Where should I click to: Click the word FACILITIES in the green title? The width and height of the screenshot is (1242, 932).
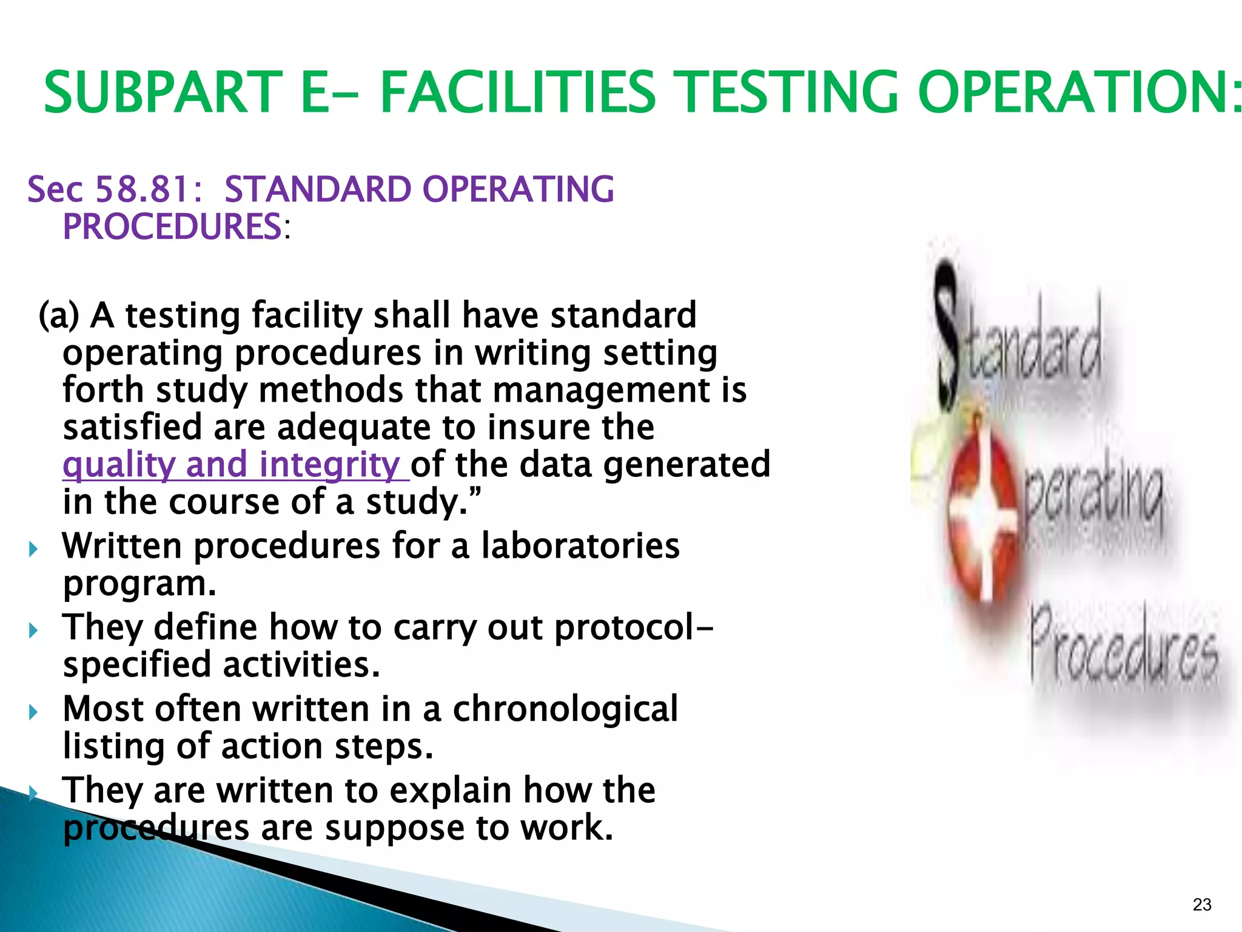517,92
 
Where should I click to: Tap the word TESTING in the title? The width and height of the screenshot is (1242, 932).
787,92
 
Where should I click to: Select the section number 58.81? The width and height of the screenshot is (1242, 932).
143,189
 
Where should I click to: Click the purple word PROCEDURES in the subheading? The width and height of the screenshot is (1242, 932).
172,227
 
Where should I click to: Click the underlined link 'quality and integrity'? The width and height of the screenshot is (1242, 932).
236,465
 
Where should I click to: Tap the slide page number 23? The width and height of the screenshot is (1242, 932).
1201,905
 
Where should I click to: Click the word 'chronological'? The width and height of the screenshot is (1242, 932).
565,709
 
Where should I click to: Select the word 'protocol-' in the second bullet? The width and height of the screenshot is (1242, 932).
634,627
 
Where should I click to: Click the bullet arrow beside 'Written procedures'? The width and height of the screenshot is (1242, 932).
34,549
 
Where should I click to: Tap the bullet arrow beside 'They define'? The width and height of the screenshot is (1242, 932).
34,630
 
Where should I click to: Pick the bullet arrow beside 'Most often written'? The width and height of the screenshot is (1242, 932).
34,712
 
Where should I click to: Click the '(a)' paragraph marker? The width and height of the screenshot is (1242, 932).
59,316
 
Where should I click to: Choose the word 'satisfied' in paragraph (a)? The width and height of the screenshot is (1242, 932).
132,427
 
